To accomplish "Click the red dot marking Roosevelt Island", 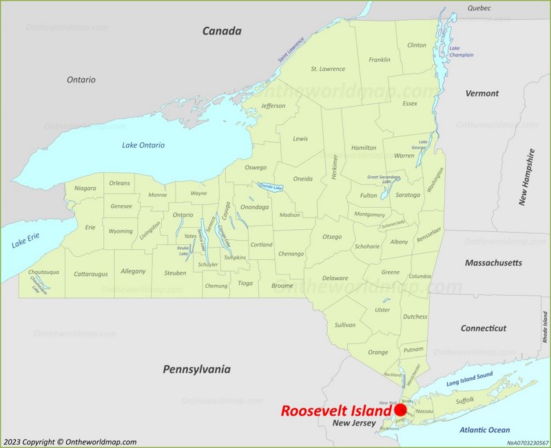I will click(x=400, y=410).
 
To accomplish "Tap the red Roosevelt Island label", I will click(x=335, y=411).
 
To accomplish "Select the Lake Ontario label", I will click(x=143, y=145).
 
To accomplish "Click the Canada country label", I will click(x=222, y=31).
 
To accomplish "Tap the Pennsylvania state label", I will click(x=196, y=370).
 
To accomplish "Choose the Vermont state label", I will click(x=482, y=93).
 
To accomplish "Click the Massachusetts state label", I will click(x=493, y=263).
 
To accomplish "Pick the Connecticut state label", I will click(x=483, y=328).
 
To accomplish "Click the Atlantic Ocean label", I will click(x=485, y=430).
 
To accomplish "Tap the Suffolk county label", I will click(x=466, y=401).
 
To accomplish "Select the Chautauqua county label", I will click(x=43, y=272).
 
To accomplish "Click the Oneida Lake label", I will click(x=270, y=187).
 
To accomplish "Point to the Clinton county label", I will click(x=417, y=45).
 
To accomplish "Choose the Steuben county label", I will click(x=176, y=273).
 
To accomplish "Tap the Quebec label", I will click(x=479, y=8).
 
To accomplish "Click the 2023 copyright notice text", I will click(x=70, y=442).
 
